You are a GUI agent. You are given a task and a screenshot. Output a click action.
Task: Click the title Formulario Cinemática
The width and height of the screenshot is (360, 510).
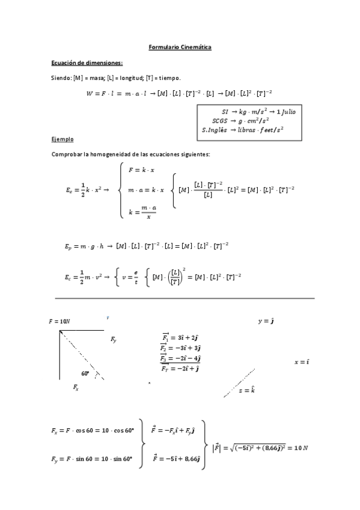(x=180, y=47)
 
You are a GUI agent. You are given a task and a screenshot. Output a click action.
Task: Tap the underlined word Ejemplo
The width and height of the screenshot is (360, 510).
(x=63, y=140)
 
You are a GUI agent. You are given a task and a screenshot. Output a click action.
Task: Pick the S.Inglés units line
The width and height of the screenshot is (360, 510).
(x=242, y=129)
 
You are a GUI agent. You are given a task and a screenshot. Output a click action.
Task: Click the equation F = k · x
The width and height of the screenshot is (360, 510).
(x=142, y=170)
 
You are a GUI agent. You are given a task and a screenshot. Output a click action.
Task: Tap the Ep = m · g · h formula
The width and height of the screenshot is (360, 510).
(x=84, y=246)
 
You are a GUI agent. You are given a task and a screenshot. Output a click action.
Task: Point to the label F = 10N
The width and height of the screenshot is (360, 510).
(x=59, y=322)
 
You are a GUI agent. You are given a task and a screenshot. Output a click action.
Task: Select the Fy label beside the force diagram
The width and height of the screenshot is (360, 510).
(x=114, y=340)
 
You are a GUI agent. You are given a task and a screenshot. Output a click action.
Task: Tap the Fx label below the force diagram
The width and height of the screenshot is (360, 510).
(x=76, y=389)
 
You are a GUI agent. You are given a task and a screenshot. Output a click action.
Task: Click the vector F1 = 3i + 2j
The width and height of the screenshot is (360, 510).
(x=181, y=339)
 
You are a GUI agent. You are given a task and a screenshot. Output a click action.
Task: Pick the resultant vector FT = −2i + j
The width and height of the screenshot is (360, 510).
(x=181, y=369)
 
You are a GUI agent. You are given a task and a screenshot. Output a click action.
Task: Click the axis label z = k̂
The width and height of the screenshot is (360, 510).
(x=247, y=390)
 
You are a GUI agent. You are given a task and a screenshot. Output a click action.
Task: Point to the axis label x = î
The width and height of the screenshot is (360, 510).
(x=301, y=362)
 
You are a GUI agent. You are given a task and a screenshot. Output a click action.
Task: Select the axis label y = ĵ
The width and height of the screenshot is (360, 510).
(x=266, y=322)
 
